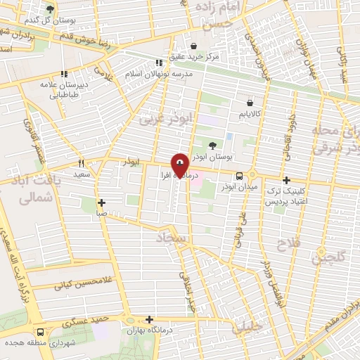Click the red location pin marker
pyautogui.click(x=180, y=165)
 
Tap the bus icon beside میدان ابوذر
pyautogui.click(x=240, y=176)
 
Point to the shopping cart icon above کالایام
pyautogui.click(x=249, y=102)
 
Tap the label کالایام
pyautogui.click(x=249, y=112)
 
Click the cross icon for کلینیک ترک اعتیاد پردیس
pyautogui.click(x=286, y=180)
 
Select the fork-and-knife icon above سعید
pyautogui.click(x=82, y=162)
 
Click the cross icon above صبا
pyautogui.click(x=102, y=202)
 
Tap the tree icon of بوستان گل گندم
pyautogui.click(x=49, y=8)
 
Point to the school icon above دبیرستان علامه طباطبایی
pyautogui.click(x=63, y=73)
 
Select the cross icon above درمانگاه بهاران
pyautogui.click(x=150, y=319)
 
